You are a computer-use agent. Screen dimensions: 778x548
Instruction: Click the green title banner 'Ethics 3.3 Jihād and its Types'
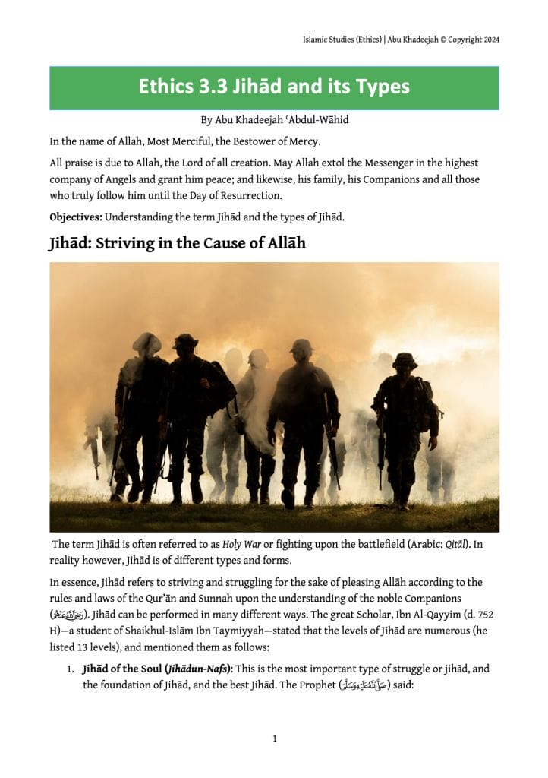coord(274,87)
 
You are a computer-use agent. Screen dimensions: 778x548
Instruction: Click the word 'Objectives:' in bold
coord(76,217)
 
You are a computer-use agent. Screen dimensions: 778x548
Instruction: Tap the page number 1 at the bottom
coord(274,737)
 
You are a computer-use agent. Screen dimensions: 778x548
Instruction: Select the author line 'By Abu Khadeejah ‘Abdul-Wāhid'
coord(274,120)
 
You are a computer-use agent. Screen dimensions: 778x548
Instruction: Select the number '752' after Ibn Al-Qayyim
coord(487,612)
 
